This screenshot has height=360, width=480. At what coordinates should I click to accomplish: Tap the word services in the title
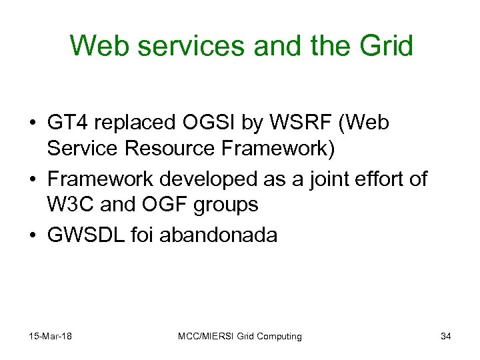tap(175, 46)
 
